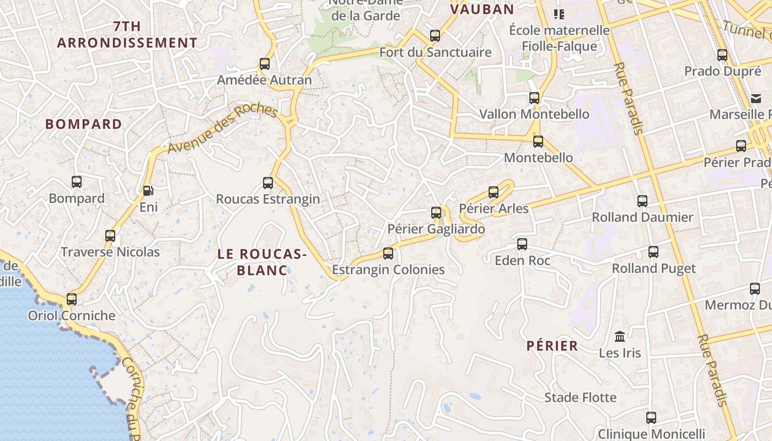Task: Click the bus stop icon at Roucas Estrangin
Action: click(x=268, y=183)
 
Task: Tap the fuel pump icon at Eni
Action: click(x=148, y=191)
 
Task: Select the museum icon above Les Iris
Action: click(x=620, y=336)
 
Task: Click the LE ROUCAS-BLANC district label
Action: click(x=262, y=262)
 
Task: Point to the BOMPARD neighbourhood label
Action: click(x=84, y=124)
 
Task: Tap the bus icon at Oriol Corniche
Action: click(x=72, y=299)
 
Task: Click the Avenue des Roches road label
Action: click(x=222, y=129)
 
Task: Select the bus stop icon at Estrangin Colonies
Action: click(x=388, y=254)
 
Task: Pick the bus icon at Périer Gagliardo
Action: click(x=436, y=213)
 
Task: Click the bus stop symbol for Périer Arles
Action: click(x=494, y=192)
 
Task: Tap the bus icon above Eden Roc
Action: click(x=522, y=244)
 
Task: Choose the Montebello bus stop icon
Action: click(x=538, y=142)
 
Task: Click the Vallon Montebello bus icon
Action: click(x=534, y=98)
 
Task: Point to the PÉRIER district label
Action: click(x=552, y=346)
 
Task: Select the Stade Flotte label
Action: click(x=581, y=397)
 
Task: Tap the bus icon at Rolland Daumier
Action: click(x=642, y=201)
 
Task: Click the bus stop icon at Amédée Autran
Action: click(x=265, y=64)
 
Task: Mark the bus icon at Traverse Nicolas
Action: click(x=110, y=236)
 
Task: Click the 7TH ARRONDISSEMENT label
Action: click(x=127, y=34)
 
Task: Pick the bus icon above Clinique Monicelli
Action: click(x=651, y=418)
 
